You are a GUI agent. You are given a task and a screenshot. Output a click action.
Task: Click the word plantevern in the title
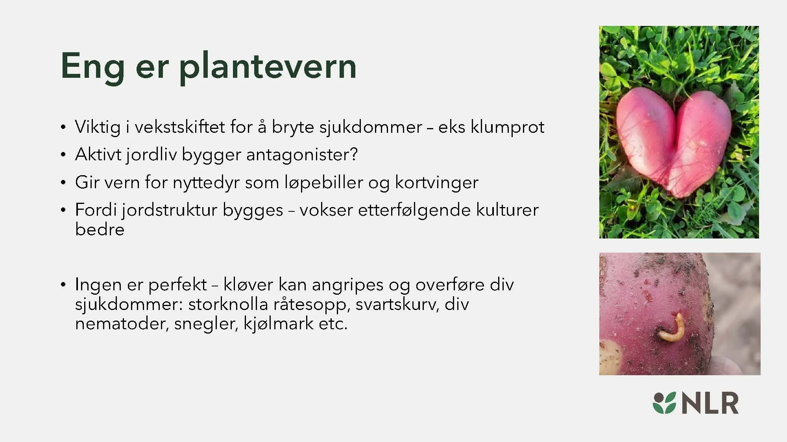268,67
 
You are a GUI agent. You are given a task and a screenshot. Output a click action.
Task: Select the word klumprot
508,127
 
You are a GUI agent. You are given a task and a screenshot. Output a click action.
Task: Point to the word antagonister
301,155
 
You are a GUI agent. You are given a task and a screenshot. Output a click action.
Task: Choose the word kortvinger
436,183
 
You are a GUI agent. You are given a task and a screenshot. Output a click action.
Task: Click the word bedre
100,229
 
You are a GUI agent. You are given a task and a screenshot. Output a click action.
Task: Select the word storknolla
228,304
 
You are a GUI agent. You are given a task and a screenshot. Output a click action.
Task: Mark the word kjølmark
279,324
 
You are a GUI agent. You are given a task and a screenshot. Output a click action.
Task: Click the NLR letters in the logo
710,403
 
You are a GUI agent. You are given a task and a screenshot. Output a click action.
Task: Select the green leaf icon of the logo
664,403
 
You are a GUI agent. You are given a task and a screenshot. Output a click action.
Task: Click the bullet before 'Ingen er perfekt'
63,285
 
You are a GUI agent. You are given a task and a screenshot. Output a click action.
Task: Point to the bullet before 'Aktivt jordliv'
63,155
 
